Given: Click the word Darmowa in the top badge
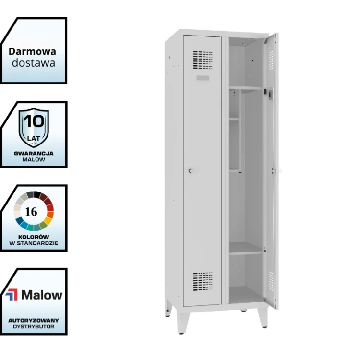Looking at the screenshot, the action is click(x=32, y=52).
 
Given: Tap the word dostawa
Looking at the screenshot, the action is click(x=34, y=63).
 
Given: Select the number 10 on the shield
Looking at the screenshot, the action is click(x=34, y=121).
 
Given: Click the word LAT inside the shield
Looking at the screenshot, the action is click(x=34, y=139).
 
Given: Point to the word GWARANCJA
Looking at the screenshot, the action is click(x=34, y=153).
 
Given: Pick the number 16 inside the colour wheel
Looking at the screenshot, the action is click(x=31, y=212).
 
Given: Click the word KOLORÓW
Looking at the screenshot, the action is click(x=34, y=237).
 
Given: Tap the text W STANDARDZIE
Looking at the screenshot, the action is click(x=34, y=243).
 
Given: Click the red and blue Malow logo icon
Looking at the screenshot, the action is click(x=12, y=295).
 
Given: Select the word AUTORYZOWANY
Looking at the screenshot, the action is click(x=34, y=320).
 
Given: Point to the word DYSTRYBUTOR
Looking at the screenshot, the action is click(x=34, y=327).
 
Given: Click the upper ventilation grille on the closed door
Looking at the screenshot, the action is click(x=203, y=60).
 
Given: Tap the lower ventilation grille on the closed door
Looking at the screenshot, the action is click(x=203, y=281).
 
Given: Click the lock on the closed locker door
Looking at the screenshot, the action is click(x=190, y=171).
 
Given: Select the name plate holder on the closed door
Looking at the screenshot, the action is click(x=203, y=78).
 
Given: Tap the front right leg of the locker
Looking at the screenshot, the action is click(x=263, y=318).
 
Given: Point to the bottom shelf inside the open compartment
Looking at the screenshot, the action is click(x=246, y=249).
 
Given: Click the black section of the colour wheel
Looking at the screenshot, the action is click(x=37, y=195).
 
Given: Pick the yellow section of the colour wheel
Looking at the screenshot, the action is click(x=48, y=221).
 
